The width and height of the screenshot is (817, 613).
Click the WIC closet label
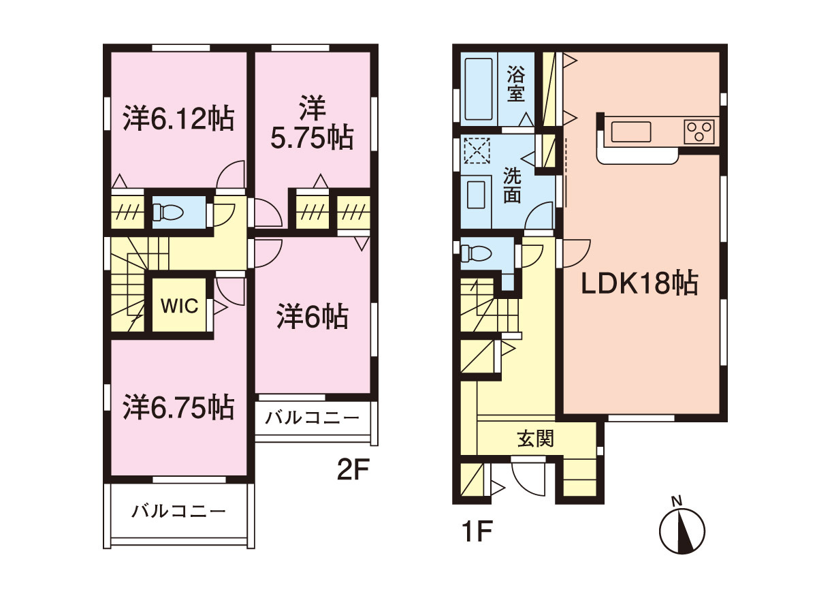pyautogui.click(x=180, y=306)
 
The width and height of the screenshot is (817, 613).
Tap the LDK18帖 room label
pyautogui.click(x=639, y=283)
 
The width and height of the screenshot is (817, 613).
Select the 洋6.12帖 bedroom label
pyautogui.click(x=178, y=119)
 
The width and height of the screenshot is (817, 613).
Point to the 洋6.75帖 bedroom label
pyautogui.click(x=178, y=407)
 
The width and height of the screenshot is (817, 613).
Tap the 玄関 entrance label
pyautogui.click(x=536, y=439)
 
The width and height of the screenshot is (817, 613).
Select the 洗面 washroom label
pyautogui.click(x=512, y=185)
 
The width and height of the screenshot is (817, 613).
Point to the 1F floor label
pyautogui.click(x=477, y=531)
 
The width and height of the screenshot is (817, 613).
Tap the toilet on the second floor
pyautogui.click(x=168, y=212)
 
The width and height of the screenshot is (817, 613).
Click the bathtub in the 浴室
pyautogui.click(x=479, y=89)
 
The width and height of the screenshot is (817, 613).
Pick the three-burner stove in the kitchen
pyautogui.click(x=699, y=131)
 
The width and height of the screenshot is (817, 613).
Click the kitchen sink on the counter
pyautogui.click(x=631, y=131)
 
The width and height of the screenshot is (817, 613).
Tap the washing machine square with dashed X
pyautogui.click(x=477, y=151)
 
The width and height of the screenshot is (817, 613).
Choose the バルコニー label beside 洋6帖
pyautogui.click(x=312, y=418)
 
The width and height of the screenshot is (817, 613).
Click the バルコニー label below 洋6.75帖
pyautogui.click(x=178, y=512)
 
